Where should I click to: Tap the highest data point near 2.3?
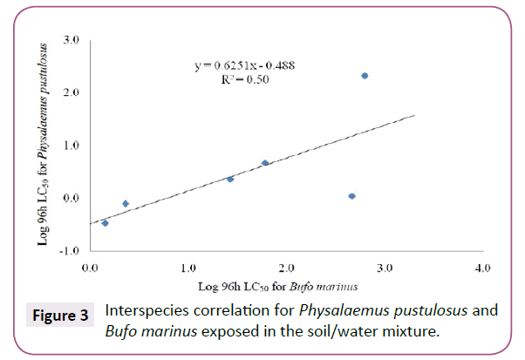coord(365,76)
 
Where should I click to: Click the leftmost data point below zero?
coord(106,223)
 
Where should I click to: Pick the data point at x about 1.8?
coord(265,163)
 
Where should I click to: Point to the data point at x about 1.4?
coord(230,179)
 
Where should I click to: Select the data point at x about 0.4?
coord(126,204)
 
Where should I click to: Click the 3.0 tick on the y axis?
coord(72,40)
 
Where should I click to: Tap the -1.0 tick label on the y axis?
coord(71,250)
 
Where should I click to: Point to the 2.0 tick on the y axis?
coord(72,92)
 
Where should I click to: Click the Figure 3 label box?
coord(58,315)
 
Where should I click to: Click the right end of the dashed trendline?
coord(414,115)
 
